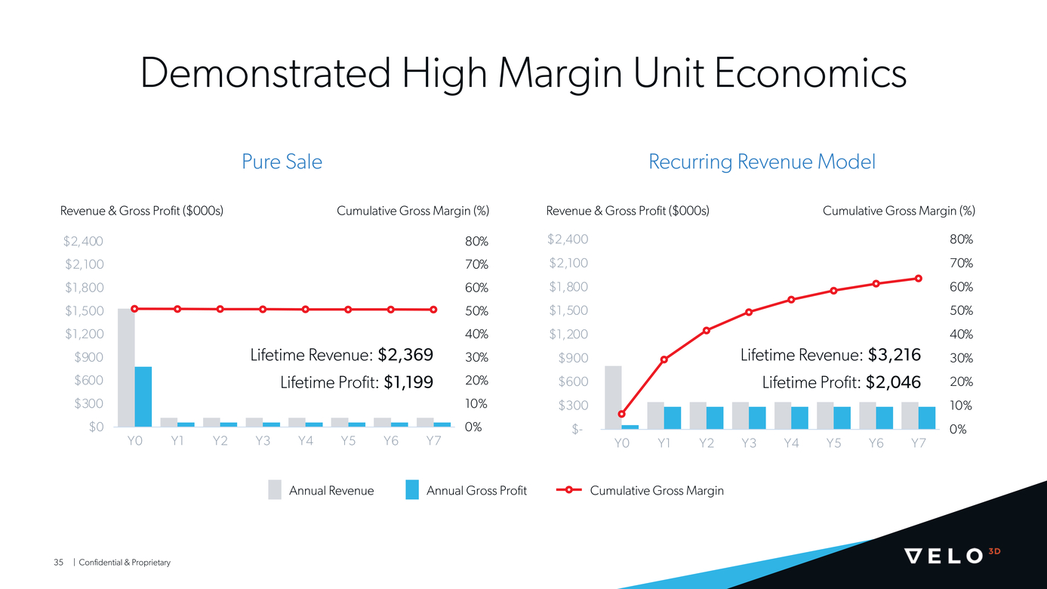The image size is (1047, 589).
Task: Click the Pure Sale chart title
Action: tap(282, 162)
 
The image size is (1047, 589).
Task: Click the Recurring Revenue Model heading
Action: tap(762, 162)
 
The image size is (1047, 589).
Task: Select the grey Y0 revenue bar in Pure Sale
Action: tap(126, 368)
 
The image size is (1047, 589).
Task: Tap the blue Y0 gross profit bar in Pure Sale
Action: tap(143, 396)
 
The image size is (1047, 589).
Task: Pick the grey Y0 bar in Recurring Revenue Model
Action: tap(613, 397)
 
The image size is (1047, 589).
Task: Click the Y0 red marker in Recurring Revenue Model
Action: tap(621, 414)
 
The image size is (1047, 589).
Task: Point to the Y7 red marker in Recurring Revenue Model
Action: tap(918, 278)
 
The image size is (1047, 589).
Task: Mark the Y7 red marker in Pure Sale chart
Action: tap(433, 310)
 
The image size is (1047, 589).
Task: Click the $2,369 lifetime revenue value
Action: tap(405, 355)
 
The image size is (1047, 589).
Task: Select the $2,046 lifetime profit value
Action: tap(893, 382)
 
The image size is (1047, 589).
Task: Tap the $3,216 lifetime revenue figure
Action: tap(895, 355)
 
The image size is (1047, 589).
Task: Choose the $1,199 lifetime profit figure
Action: tap(408, 382)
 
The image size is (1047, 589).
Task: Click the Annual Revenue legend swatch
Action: tap(275, 490)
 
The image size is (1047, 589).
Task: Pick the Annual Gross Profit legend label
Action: tap(476, 490)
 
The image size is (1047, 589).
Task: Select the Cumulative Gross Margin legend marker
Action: tap(569, 490)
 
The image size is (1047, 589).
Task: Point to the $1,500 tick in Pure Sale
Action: tap(84, 310)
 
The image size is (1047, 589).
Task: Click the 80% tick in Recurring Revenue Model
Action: tap(961, 239)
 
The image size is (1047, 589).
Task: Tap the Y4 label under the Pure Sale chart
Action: tap(305, 441)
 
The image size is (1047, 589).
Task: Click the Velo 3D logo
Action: tap(952, 555)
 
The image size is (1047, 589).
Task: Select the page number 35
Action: tap(58, 563)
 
